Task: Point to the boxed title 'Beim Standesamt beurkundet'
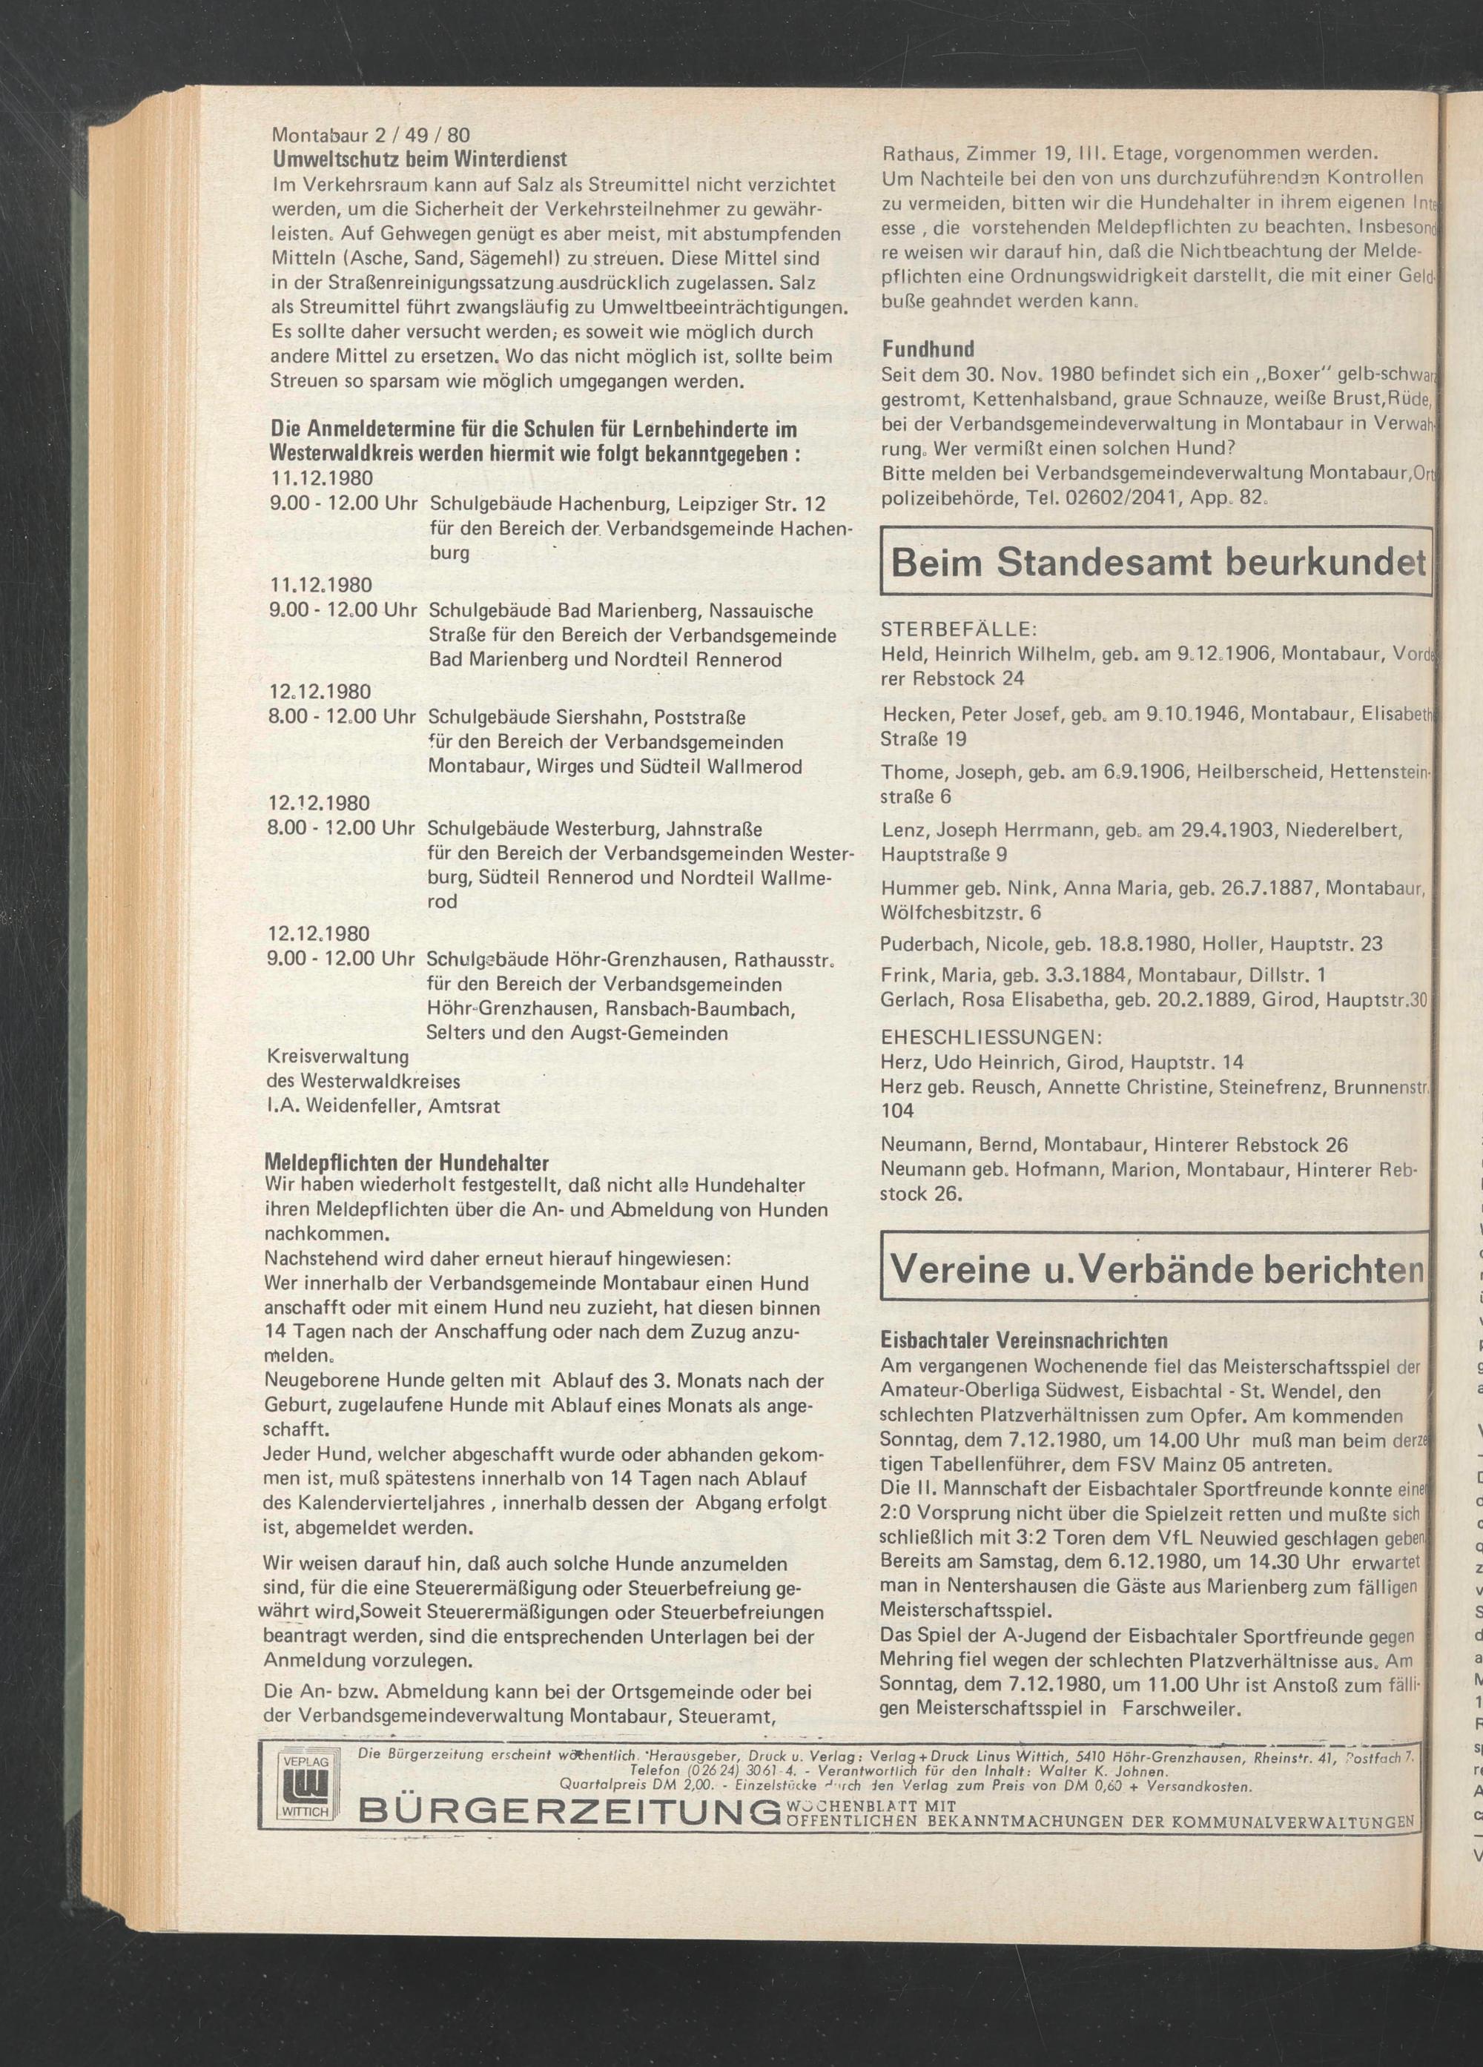1157,563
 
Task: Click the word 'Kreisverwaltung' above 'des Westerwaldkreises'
337,1057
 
